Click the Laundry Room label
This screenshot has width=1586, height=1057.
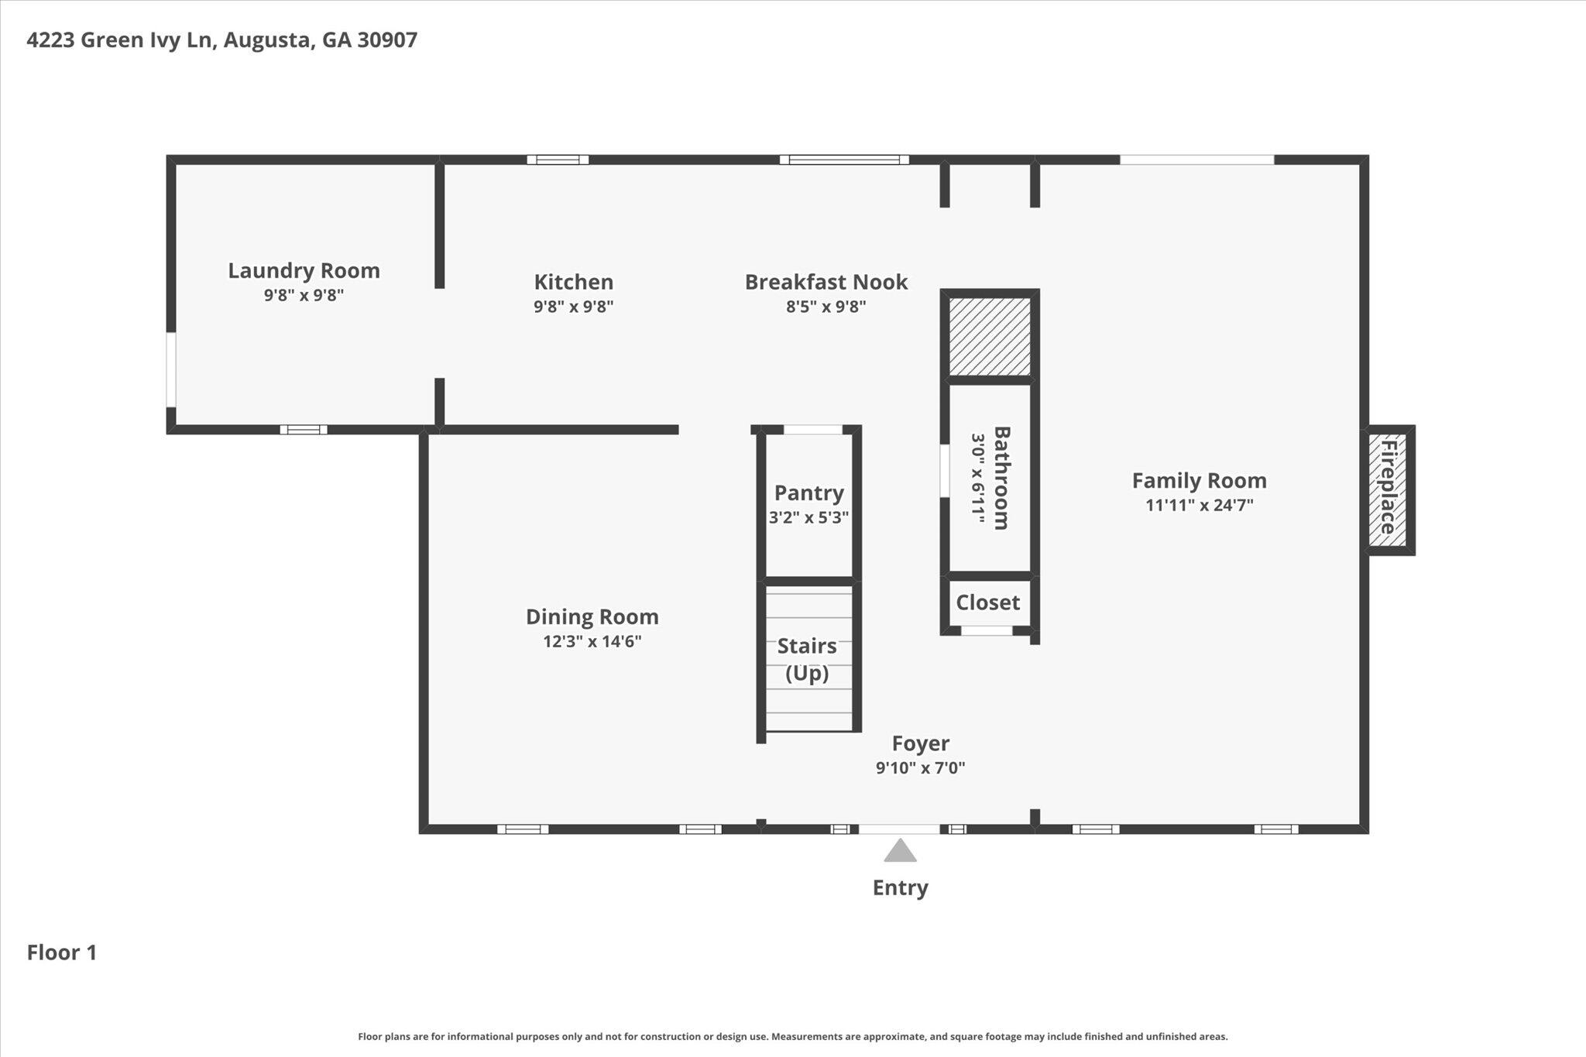click(304, 270)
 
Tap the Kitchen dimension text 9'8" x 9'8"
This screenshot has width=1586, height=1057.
click(573, 307)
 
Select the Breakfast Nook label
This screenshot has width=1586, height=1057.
click(826, 282)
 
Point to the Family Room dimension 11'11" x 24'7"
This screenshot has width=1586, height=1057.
click(1200, 506)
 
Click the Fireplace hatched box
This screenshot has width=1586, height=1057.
click(1387, 490)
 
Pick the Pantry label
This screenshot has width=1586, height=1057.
click(808, 492)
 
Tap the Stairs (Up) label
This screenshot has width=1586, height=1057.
click(807, 659)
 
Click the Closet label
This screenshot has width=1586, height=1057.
click(987, 602)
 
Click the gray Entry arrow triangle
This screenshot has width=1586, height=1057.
click(900, 850)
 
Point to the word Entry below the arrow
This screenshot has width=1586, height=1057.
click(900, 887)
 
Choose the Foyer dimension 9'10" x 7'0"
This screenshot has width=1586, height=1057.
click(920, 768)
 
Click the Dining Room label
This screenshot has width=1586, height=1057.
click(592, 616)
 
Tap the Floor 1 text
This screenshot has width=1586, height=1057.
click(62, 952)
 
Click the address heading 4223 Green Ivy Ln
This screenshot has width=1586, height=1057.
click(119, 40)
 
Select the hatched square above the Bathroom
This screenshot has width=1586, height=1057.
click(990, 337)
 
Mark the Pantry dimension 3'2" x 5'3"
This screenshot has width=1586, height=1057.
click(808, 517)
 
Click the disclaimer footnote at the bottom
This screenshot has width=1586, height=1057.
click(793, 1036)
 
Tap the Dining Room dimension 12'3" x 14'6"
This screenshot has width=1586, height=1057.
click(592, 641)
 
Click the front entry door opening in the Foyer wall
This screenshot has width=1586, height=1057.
click(899, 829)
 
